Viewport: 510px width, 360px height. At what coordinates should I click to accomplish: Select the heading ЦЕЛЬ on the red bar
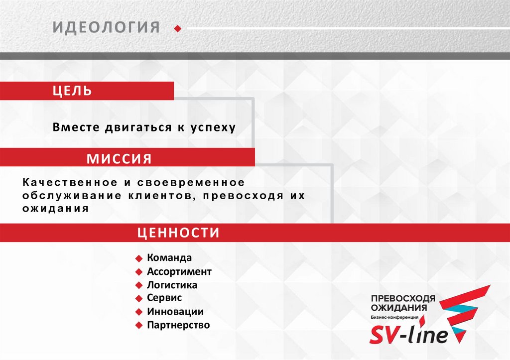[x=73, y=91]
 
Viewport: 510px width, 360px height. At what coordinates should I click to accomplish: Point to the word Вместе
[x=76, y=127]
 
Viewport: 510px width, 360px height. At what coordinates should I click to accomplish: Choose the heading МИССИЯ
[x=119, y=159]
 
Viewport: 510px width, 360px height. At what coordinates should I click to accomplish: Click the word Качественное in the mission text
[x=63, y=183]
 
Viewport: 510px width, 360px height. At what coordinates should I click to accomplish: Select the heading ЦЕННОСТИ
[x=178, y=233]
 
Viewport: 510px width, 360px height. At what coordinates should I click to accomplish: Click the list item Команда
[x=169, y=258]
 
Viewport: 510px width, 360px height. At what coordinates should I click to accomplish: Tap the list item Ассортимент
[x=179, y=272]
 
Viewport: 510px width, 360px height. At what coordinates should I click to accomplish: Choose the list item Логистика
[x=172, y=285]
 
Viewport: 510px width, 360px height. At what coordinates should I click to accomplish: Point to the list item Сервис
[x=164, y=298]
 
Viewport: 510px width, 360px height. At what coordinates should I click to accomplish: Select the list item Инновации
[x=175, y=312]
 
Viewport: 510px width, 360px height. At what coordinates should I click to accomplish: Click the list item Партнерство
[x=178, y=325]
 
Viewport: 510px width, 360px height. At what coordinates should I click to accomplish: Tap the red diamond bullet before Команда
[x=139, y=258]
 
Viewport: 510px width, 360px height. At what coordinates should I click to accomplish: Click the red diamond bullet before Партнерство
[x=139, y=326]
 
